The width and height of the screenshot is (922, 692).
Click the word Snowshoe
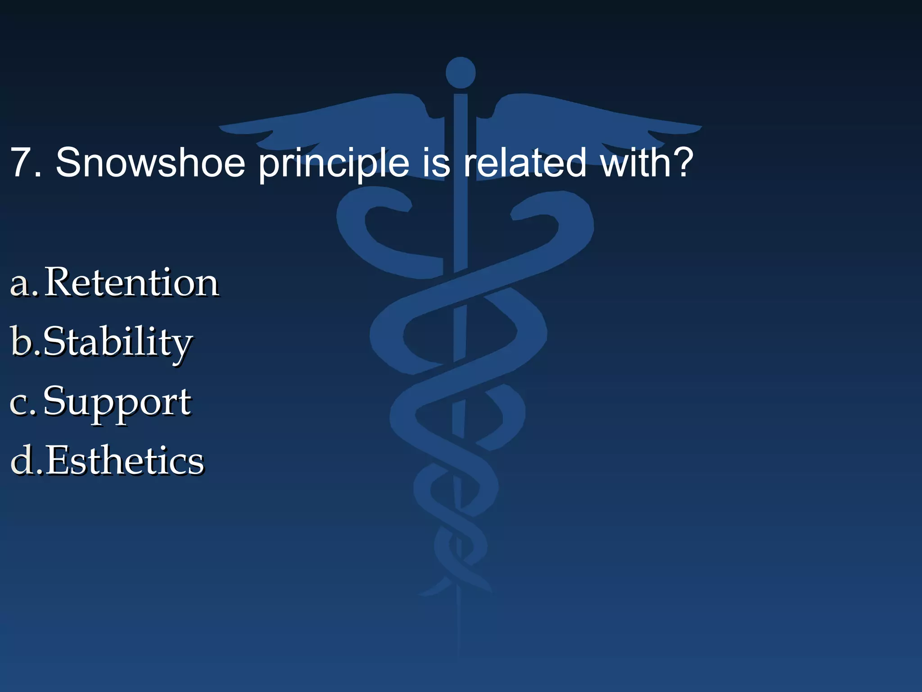150,163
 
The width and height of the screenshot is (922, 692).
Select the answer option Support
117,402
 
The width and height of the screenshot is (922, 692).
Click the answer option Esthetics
125,461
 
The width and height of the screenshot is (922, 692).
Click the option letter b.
22,341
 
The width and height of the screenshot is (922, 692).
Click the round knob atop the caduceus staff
461,73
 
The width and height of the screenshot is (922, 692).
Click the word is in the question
436,163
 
